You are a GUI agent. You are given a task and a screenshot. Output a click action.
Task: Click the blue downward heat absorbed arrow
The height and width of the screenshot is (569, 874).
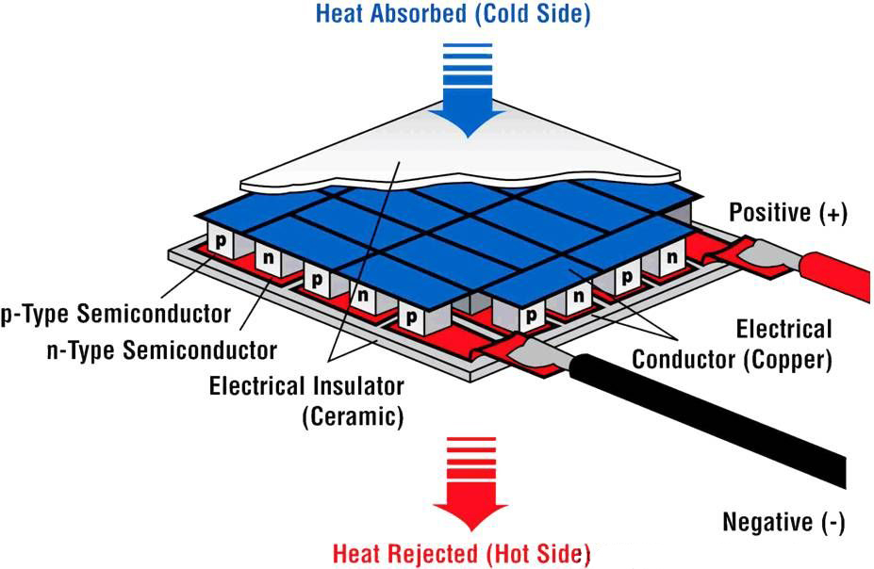point(468,89)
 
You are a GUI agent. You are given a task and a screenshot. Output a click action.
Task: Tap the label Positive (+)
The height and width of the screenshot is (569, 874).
point(788,213)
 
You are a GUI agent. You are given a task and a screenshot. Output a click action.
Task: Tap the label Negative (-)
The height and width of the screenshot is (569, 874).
point(783,522)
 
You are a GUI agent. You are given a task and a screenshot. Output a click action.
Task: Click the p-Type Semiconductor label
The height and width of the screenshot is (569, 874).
point(115,314)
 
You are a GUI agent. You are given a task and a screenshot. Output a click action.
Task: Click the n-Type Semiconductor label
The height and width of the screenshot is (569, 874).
point(161,350)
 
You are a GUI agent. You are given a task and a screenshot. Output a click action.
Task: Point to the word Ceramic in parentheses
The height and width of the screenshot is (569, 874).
point(353,415)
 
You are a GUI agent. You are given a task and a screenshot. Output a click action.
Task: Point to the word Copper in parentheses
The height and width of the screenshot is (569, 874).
point(787,360)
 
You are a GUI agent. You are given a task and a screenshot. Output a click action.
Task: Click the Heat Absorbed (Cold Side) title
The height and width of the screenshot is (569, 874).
point(453,13)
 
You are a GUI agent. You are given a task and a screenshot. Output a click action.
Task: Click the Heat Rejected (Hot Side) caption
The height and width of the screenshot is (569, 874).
point(460,554)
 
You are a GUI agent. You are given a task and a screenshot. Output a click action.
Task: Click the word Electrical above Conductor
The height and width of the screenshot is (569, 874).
point(783,329)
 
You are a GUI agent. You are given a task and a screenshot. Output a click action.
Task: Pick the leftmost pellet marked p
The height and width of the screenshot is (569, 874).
point(222,241)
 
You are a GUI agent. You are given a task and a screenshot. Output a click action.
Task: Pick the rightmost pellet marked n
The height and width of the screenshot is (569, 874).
point(672,258)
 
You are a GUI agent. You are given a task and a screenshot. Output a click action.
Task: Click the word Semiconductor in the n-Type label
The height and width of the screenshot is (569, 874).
point(200,350)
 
